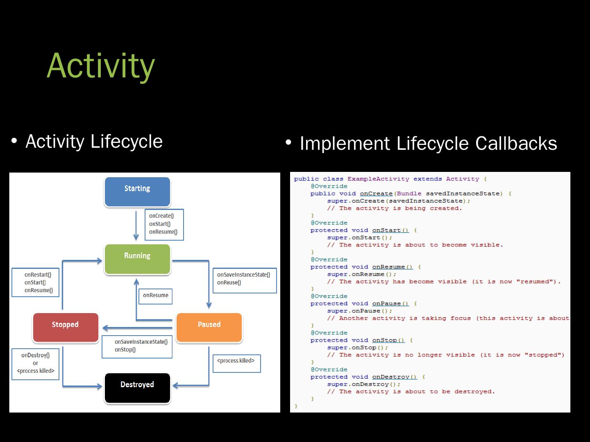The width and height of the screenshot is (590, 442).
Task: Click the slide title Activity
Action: (x=101, y=65)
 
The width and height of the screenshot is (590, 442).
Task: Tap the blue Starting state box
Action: (x=137, y=192)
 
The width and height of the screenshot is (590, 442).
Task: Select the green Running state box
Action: (x=137, y=259)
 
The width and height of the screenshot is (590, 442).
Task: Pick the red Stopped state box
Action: (x=66, y=327)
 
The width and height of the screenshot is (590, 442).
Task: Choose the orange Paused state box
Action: (x=209, y=327)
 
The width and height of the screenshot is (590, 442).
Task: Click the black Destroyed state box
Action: (x=137, y=388)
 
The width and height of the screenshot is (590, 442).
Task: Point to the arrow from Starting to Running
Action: (x=136, y=226)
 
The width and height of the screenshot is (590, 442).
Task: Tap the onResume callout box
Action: (x=156, y=295)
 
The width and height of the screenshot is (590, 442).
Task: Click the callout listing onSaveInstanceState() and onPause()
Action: (x=245, y=280)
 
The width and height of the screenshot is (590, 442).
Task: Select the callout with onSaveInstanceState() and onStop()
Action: (x=137, y=346)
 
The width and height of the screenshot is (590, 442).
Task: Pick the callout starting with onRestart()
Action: (x=36, y=282)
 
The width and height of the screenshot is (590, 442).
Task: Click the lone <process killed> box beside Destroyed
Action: (x=236, y=363)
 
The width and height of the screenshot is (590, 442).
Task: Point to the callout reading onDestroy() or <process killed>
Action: (x=36, y=363)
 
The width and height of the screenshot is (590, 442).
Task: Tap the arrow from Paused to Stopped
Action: (x=137, y=328)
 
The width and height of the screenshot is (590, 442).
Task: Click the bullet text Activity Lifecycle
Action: (x=94, y=142)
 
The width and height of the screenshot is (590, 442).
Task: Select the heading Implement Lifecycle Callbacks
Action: (x=428, y=143)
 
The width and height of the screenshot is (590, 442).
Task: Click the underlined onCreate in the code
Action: (x=376, y=194)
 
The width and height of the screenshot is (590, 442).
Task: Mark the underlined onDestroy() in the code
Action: (x=394, y=377)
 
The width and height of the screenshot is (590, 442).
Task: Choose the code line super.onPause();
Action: (x=359, y=311)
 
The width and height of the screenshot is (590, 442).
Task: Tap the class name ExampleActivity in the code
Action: (x=378, y=179)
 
